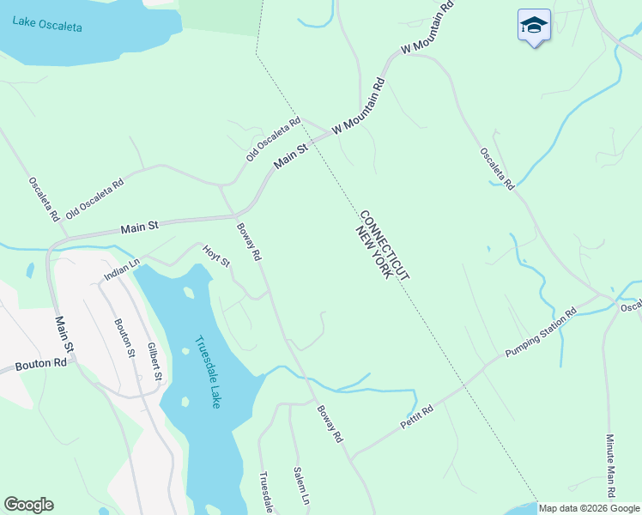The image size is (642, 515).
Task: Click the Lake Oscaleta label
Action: click(47, 22)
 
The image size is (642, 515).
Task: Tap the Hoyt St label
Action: click(215, 256)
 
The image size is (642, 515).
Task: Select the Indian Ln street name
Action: click(121, 270)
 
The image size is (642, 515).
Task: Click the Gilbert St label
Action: click(154, 360)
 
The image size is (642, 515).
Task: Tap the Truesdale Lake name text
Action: click(207, 371)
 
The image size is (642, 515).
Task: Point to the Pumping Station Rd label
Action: click(540, 333)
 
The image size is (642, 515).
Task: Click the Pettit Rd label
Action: click(417, 419)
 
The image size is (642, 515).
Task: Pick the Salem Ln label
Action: click(300, 485)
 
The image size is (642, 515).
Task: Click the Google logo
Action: click(28, 505)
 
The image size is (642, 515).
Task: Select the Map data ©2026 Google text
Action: click(590, 508)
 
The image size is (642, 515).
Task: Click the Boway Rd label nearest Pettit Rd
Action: click(330, 423)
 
